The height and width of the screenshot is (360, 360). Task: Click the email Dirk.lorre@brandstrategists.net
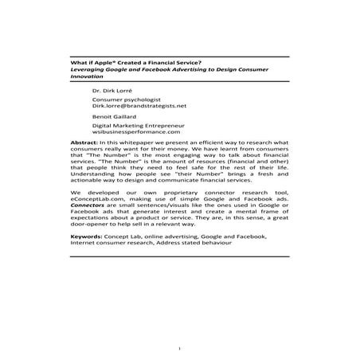(x=140, y=104)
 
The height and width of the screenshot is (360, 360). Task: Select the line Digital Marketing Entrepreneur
(x=138, y=126)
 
